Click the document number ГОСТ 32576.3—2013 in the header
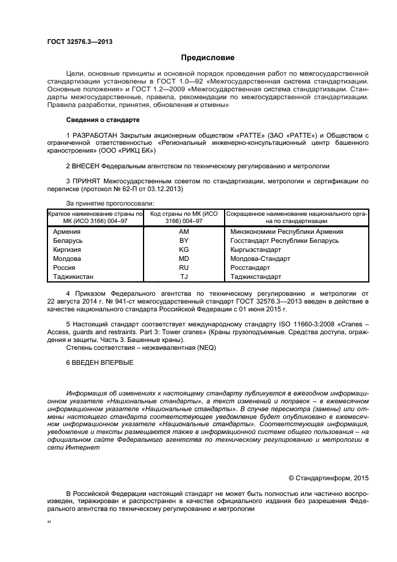click(x=80, y=41)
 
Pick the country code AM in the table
click(x=184, y=231)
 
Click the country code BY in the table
click(x=184, y=240)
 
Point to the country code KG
click(x=184, y=249)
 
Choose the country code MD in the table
click(x=184, y=258)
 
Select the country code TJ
click(x=184, y=276)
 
